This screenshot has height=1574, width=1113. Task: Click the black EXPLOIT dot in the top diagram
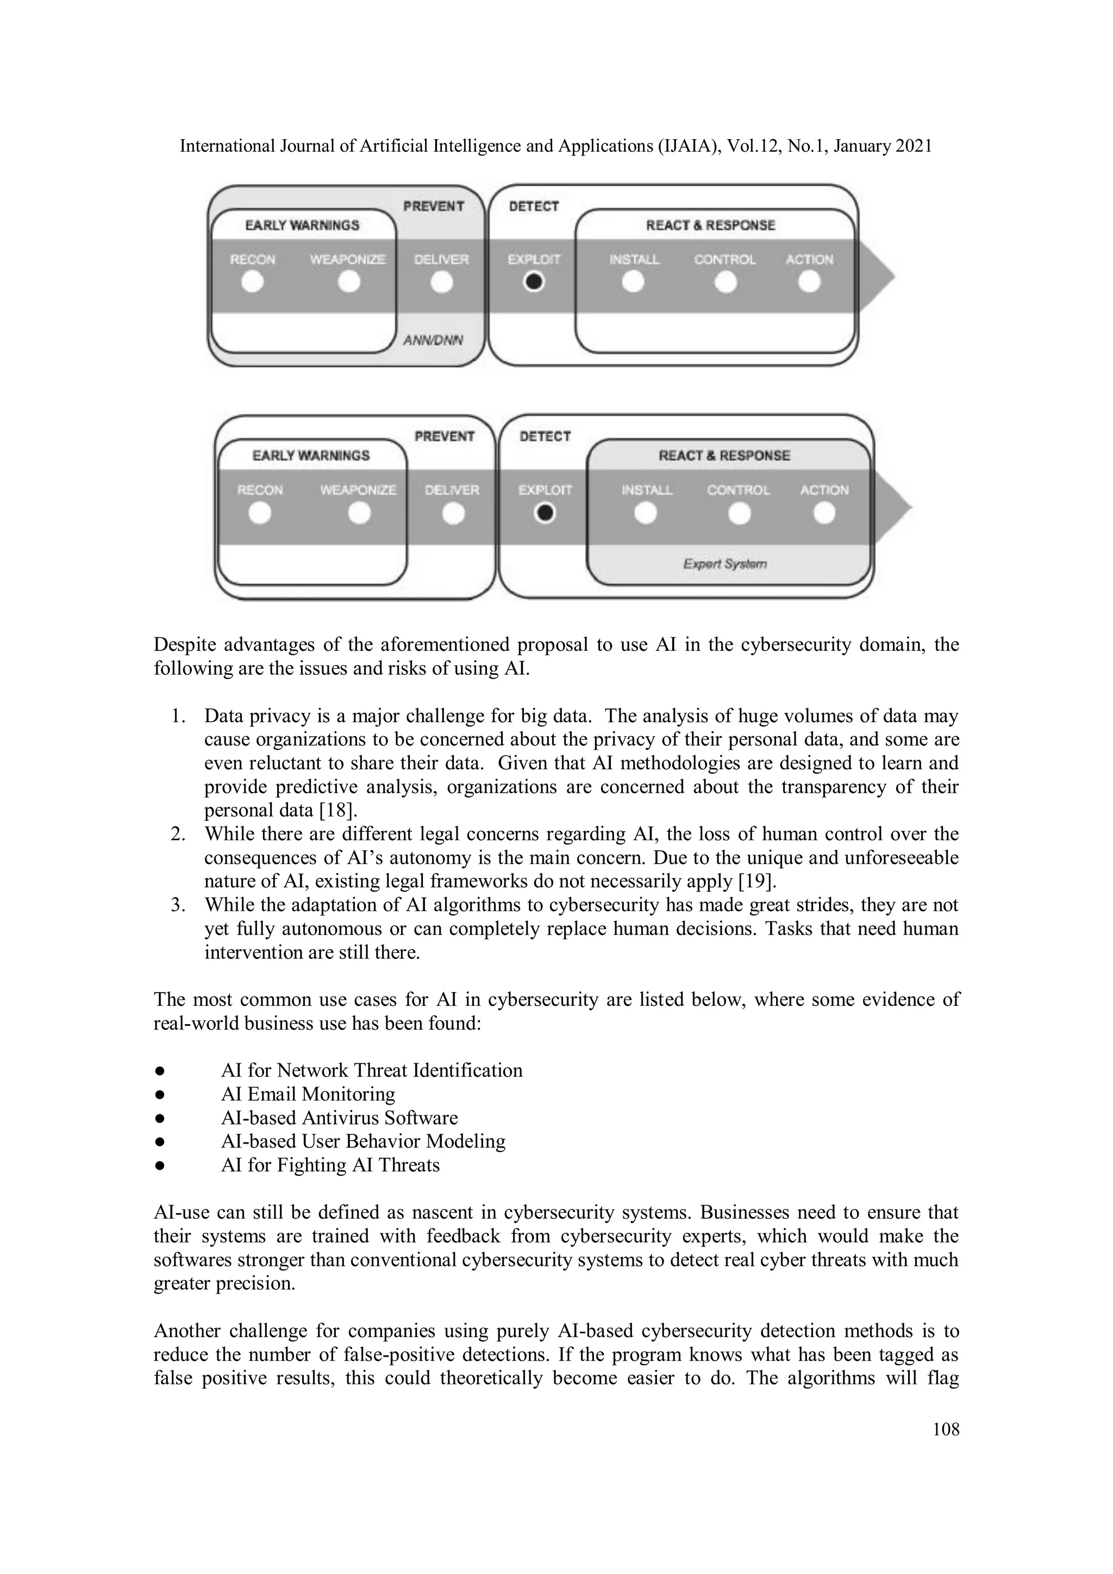pyautogui.click(x=534, y=281)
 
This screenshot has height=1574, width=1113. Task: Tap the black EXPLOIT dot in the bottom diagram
pyautogui.click(x=545, y=513)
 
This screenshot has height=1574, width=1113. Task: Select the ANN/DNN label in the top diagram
pyautogui.click(x=433, y=340)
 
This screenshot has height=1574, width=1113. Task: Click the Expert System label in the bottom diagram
pyautogui.click(x=725, y=563)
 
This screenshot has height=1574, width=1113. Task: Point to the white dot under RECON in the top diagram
pyautogui.click(x=252, y=281)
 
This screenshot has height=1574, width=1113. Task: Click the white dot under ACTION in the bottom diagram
pyautogui.click(x=824, y=513)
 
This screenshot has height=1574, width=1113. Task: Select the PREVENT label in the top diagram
pyautogui.click(x=433, y=206)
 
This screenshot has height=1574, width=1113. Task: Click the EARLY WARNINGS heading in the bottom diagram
pyautogui.click(x=311, y=456)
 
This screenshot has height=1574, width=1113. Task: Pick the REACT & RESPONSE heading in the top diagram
pyautogui.click(x=710, y=225)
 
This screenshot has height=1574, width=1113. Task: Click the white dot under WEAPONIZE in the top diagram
pyautogui.click(x=349, y=281)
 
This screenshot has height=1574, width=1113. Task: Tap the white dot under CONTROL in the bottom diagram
pyautogui.click(x=739, y=513)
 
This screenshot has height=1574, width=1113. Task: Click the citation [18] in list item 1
pyautogui.click(x=338, y=810)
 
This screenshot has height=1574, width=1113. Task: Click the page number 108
pyautogui.click(x=946, y=1429)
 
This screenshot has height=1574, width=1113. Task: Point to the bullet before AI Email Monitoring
pyautogui.click(x=159, y=1095)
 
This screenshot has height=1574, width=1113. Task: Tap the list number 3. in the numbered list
pyautogui.click(x=178, y=905)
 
